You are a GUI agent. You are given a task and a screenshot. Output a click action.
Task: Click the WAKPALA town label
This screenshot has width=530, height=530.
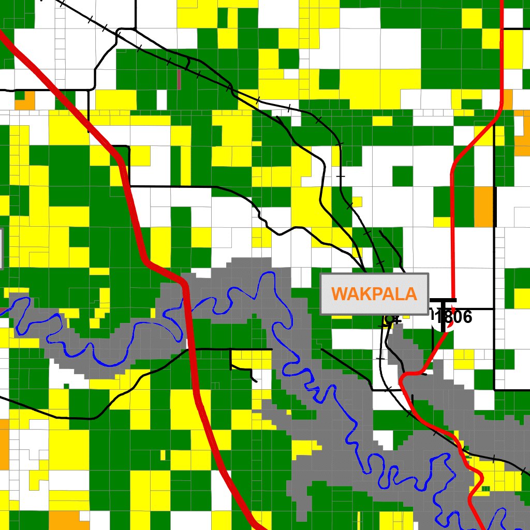(374, 293)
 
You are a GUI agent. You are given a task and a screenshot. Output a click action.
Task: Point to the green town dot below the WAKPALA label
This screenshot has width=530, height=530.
(390, 319)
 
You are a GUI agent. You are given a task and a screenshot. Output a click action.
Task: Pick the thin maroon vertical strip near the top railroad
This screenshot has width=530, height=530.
(179, 80)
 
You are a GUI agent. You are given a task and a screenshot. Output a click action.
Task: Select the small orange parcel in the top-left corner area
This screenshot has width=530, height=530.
(24, 100)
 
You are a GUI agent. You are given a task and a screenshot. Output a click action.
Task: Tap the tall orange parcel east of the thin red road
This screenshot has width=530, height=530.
(484, 207)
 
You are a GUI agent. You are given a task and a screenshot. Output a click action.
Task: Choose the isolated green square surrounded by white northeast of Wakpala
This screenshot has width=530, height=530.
(402, 176)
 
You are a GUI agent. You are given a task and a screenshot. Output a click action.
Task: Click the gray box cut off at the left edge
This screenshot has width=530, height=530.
(2, 248)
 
